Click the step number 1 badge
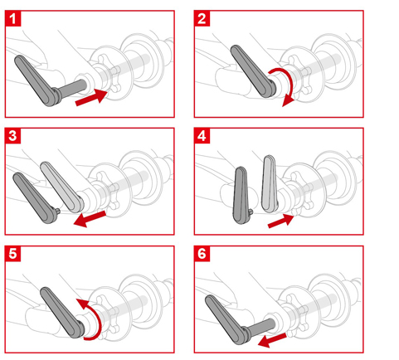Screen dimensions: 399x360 point(12,18)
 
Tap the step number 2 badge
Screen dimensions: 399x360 point(202,18)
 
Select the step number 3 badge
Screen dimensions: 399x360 point(12,136)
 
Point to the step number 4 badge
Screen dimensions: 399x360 point(202,136)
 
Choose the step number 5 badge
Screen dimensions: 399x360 point(12,254)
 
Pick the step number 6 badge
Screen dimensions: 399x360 point(202,254)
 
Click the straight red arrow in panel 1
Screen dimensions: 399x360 point(91,97)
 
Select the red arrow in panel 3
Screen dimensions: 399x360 point(90,219)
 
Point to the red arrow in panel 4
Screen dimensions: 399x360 point(280,221)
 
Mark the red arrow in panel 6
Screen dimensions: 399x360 point(271,340)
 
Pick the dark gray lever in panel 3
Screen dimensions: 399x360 point(34,197)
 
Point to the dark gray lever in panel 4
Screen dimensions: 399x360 point(241,195)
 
